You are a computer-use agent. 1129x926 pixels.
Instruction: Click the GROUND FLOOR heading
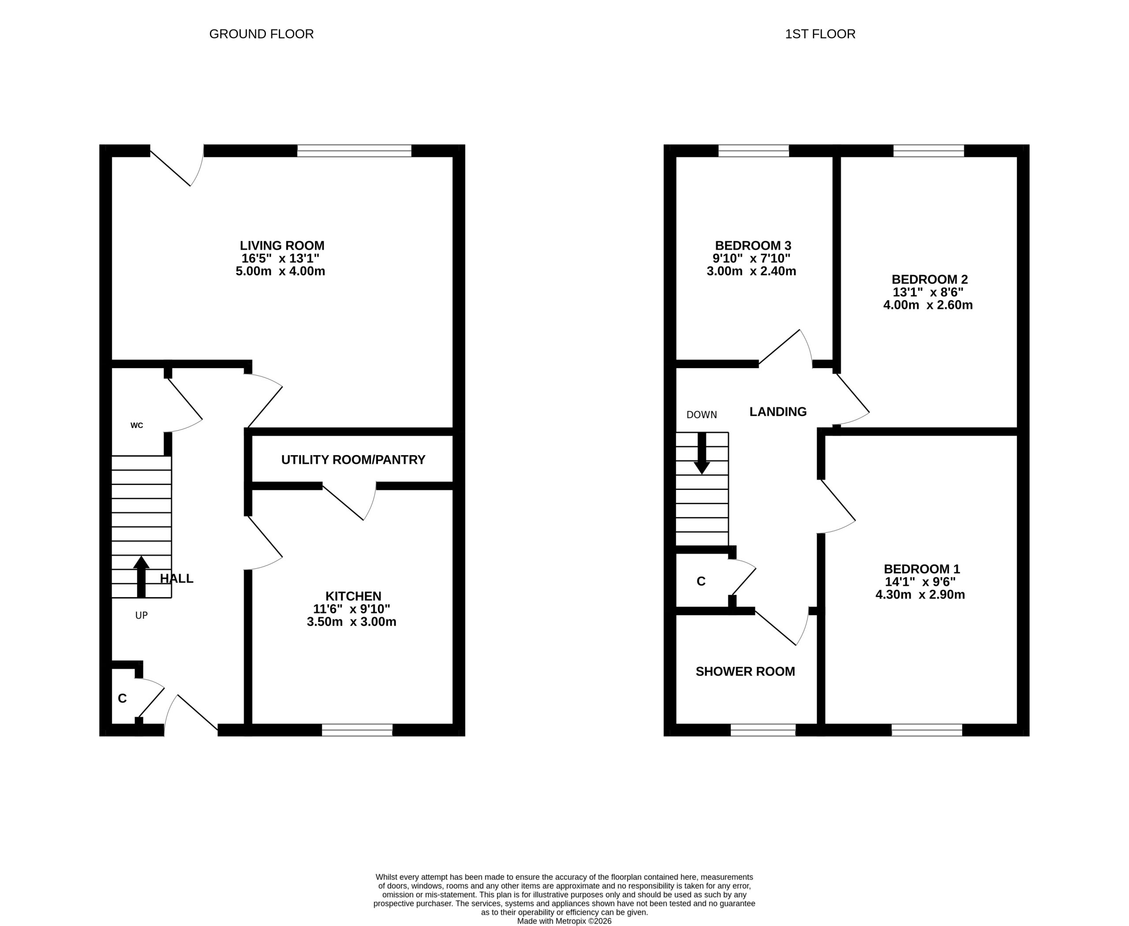point(262,34)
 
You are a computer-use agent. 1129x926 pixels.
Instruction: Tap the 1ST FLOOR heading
point(820,34)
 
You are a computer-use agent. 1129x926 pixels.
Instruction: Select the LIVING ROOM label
point(282,246)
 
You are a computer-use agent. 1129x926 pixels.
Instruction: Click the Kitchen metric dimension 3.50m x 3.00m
point(351,621)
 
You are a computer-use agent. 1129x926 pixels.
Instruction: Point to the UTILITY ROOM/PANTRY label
point(353,460)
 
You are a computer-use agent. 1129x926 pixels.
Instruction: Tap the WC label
point(137,425)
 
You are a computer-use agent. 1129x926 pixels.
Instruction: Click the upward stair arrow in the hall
point(142,577)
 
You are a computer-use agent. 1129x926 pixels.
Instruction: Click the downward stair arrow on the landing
point(702,453)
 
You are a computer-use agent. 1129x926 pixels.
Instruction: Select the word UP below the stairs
point(142,616)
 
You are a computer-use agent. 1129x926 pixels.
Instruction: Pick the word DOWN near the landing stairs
point(702,415)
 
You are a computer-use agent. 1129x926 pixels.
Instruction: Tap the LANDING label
point(778,412)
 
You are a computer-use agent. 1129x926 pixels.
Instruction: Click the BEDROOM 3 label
point(753,246)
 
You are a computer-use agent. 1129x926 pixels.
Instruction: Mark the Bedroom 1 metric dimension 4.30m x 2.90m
point(920,595)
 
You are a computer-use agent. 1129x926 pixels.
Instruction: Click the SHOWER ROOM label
point(745,672)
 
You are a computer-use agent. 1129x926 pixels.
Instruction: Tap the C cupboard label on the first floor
point(701,582)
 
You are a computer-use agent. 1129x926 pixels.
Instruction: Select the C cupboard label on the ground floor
point(122,699)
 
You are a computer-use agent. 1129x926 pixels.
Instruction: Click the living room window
point(354,150)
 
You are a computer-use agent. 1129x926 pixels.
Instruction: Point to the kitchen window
point(357,730)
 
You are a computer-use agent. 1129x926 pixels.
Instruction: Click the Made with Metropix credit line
point(564,921)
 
